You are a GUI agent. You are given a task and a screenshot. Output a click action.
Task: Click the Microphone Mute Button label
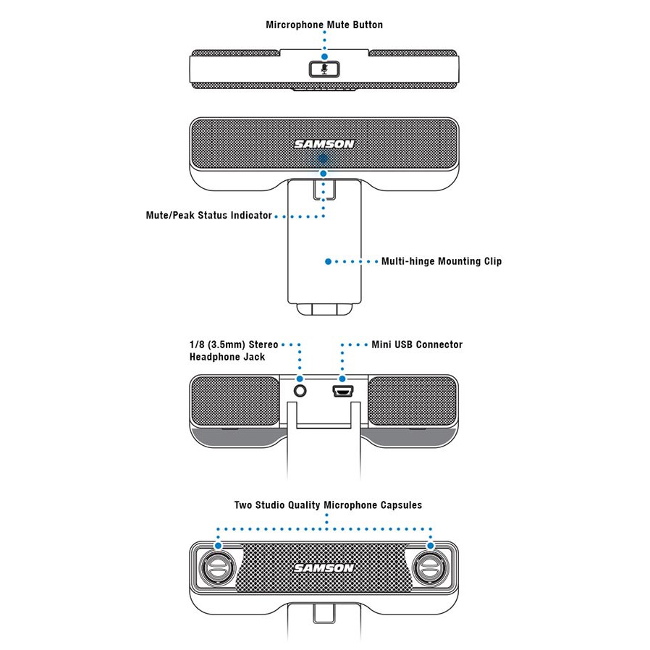(324, 25)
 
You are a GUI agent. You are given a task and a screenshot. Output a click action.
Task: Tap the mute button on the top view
(324, 69)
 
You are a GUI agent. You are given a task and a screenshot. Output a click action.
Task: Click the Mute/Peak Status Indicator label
(208, 215)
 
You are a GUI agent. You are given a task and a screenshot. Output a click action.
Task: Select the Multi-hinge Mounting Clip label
(441, 261)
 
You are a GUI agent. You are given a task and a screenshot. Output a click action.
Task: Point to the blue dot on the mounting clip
(328, 261)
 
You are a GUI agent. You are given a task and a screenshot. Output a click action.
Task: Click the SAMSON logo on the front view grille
(324, 143)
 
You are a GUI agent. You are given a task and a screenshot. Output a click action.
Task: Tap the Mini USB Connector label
(416, 345)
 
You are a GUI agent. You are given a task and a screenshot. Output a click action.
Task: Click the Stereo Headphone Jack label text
(233, 350)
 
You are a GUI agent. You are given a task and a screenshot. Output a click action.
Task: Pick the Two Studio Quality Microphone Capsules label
(327, 505)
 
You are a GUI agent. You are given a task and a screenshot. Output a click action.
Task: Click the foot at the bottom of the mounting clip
(324, 309)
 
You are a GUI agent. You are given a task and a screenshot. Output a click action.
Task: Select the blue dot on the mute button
(324, 56)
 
